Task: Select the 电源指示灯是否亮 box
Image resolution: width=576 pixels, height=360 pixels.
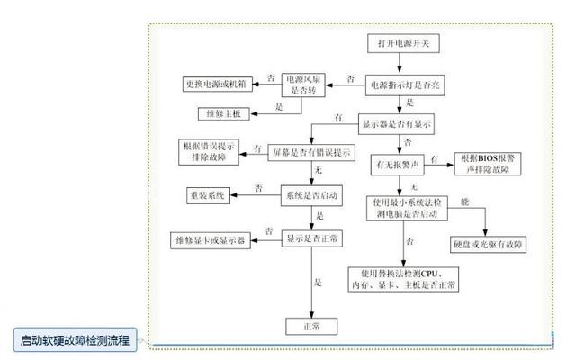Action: [x=401, y=86]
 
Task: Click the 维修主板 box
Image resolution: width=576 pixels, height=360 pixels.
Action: [x=221, y=112]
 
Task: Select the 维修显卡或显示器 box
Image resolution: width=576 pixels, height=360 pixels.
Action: [x=213, y=238]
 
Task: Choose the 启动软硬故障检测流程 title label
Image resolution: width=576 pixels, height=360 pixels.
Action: [x=76, y=340]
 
